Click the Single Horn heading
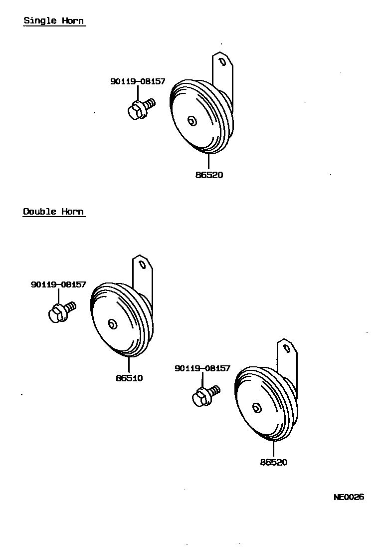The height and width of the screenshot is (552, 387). (x=54, y=21)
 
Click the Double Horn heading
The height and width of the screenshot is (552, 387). (x=53, y=212)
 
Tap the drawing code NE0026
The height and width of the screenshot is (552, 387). (x=349, y=497)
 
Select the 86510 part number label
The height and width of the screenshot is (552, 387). (x=129, y=378)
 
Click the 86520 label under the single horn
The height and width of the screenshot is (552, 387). (x=209, y=175)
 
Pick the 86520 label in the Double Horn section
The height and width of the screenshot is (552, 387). (x=273, y=463)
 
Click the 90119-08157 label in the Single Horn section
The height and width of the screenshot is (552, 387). (x=138, y=81)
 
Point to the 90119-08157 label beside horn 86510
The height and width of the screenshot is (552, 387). (x=58, y=284)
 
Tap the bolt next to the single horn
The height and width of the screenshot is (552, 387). (x=140, y=108)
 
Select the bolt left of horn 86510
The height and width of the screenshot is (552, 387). (x=61, y=312)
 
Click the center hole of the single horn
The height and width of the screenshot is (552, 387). (x=192, y=121)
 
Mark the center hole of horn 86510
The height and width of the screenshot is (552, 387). (x=113, y=324)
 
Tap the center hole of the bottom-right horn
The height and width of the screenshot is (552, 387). (x=257, y=408)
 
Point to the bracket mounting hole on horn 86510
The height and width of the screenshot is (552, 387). (x=143, y=265)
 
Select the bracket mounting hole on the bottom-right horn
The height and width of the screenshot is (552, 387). (x=287, y=347)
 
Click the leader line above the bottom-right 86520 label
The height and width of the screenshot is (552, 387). (x=273, y=449)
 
